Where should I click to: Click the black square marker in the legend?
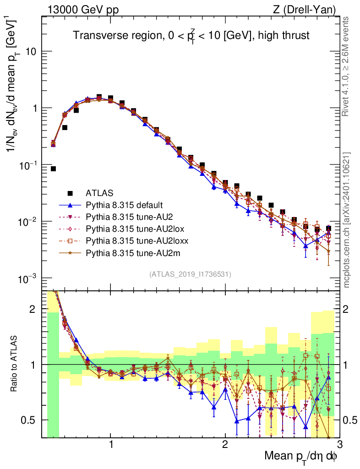70,193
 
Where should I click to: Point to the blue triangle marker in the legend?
70,205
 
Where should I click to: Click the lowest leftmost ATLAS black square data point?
53,169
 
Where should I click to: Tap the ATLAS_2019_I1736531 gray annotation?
190,274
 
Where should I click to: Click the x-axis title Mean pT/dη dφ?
301,456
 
